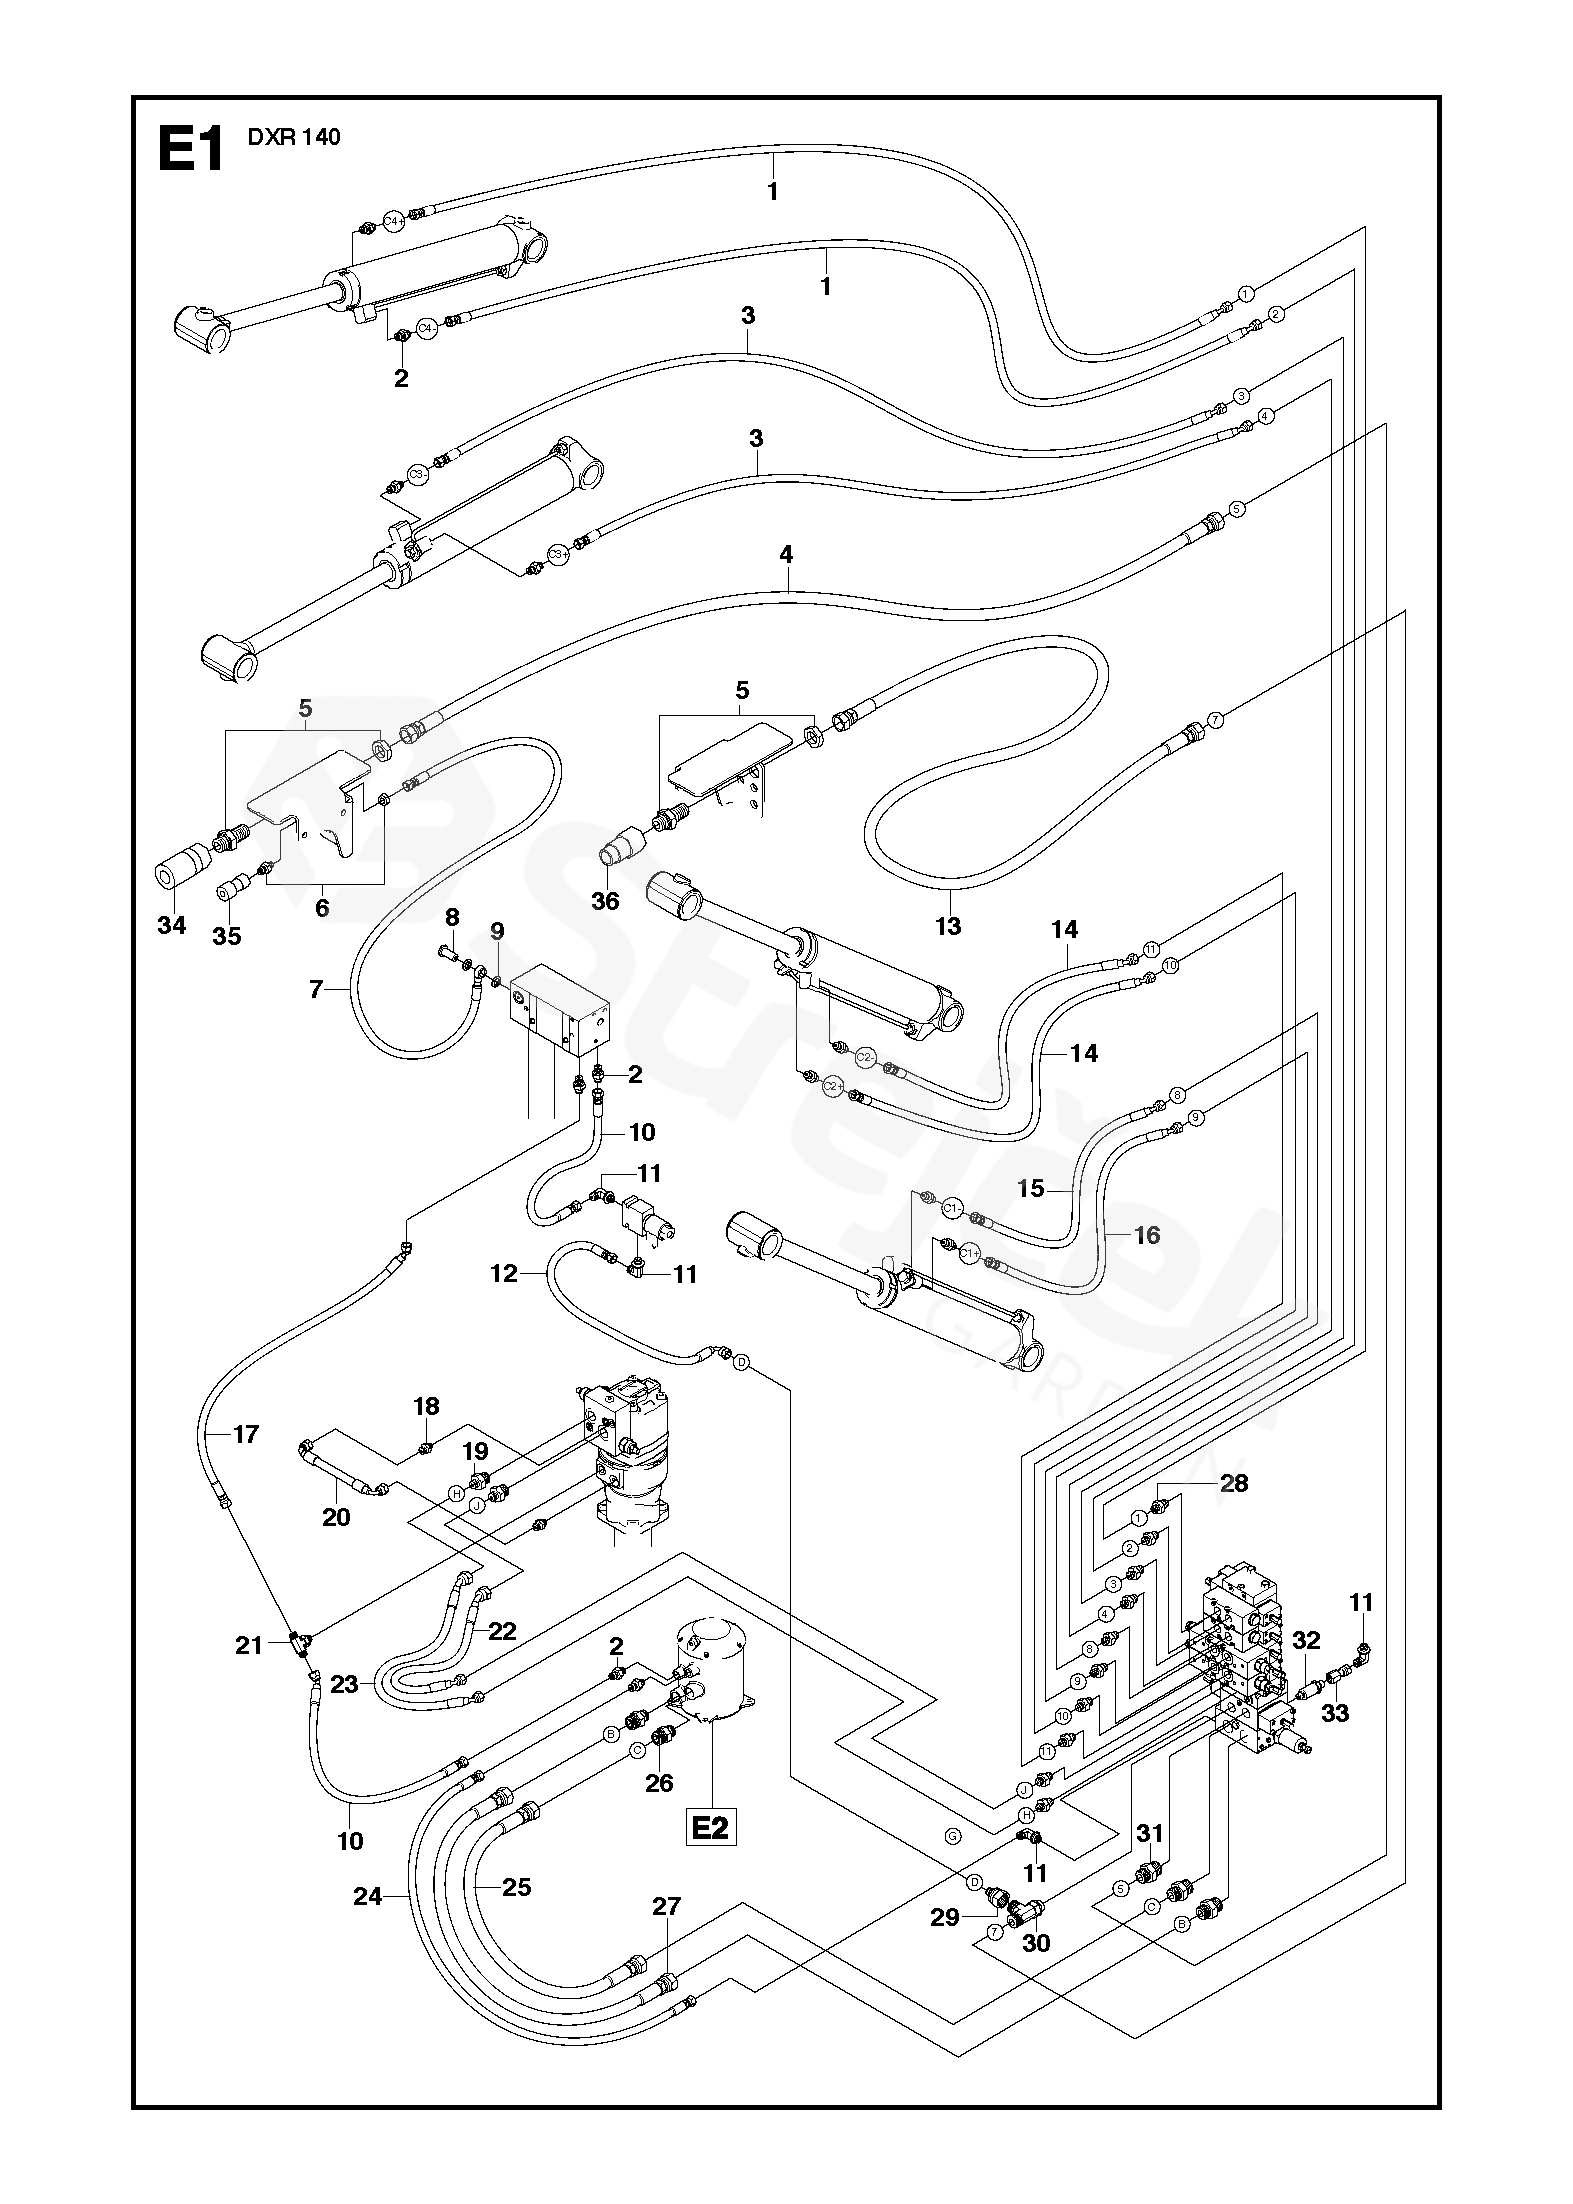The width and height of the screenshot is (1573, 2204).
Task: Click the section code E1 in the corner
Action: [190, 149]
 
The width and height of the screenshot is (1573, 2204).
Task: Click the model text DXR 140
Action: [294, 138]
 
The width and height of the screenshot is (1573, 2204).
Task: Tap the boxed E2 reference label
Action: [710, 1828]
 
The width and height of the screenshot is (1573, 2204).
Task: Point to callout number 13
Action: [947, 926]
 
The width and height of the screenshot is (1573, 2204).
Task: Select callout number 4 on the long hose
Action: [787, 554]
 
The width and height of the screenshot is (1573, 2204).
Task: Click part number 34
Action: [172, 925]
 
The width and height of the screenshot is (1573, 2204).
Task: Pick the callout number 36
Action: [605, 901]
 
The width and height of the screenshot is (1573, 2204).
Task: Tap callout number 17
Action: [245, 1434]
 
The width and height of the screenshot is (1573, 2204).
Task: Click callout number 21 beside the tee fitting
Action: [249, 1645]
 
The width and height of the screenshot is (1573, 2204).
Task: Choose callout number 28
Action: [1234, 1482]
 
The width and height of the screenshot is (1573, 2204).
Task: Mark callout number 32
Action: [1306, 1640]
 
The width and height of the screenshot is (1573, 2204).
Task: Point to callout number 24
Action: [368, 1895]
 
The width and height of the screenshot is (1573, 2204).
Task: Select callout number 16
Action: [1147, 1235]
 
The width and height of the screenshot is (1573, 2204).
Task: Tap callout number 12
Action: [504, 1273]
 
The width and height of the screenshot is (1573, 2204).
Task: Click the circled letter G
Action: [951, 1835]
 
